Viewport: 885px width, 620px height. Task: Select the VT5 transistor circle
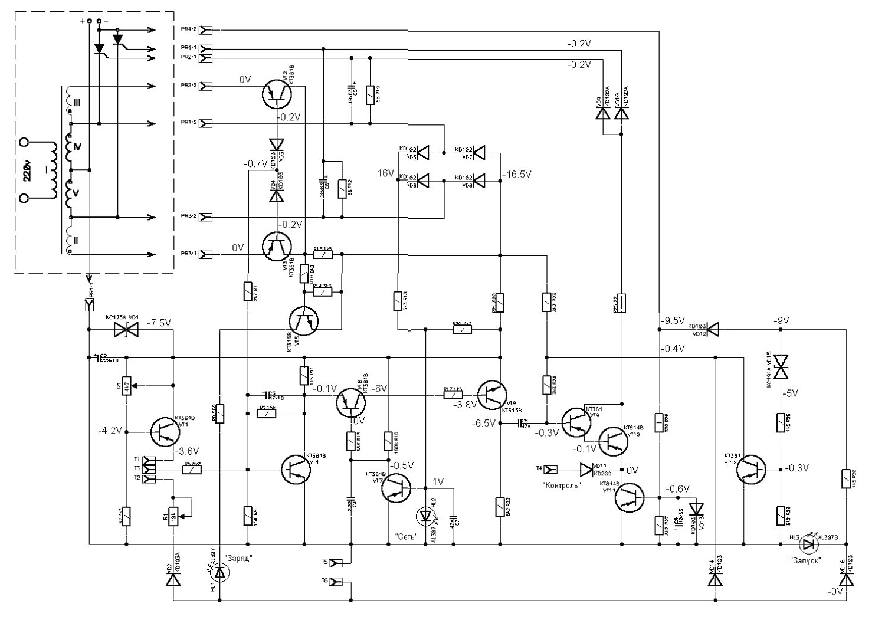tap(304, 321)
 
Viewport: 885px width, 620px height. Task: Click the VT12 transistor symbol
tap(752, 470)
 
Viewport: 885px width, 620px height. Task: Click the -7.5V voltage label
tap(159, 323)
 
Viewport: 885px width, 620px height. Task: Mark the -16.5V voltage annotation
tap(517, 175)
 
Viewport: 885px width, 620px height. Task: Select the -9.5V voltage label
tap(673, 321)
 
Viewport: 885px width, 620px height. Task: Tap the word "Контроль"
tap(561, 485)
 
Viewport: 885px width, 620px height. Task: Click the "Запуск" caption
tap(806, 561)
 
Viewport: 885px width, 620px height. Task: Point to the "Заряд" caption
tap(238, 559)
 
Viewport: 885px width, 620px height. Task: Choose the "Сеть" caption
tap(407, 537)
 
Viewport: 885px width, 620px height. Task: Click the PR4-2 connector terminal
tap(206, 29)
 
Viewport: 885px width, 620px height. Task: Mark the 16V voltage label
tap(386, 173)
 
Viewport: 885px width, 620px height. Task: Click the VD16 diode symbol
tap(847, 580)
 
